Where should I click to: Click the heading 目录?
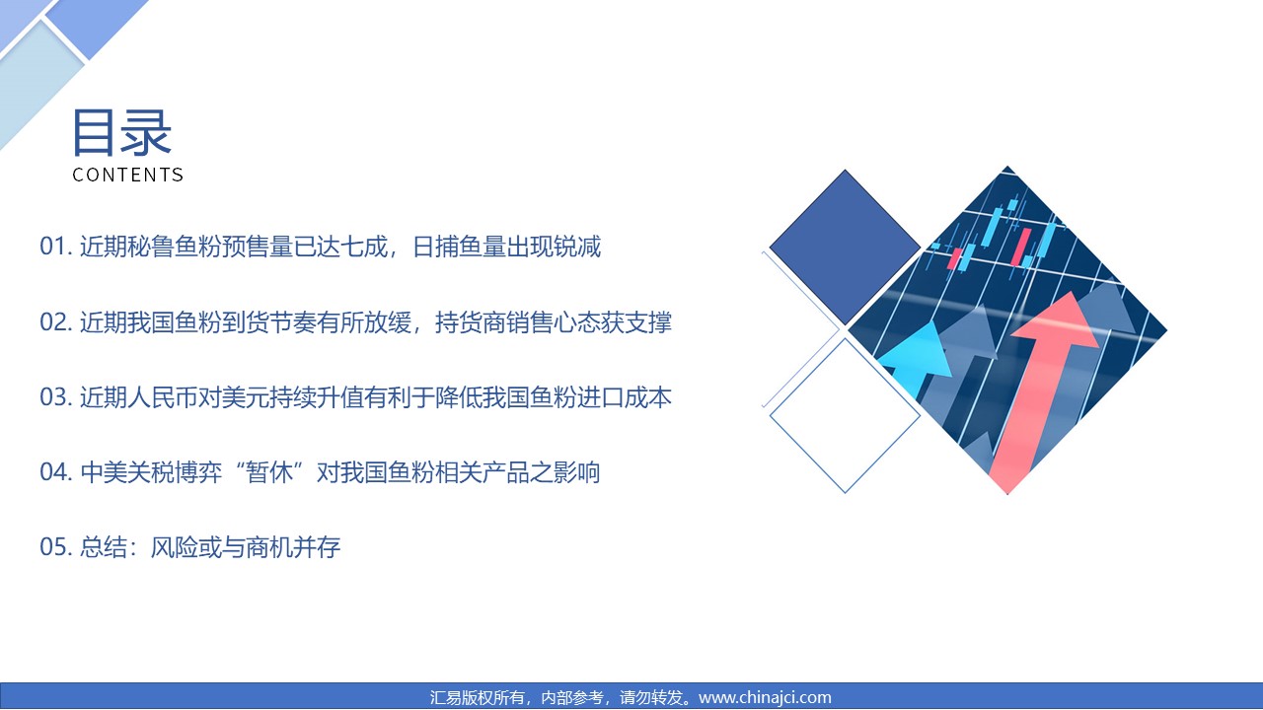(x=121, y=133)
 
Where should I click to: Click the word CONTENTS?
(x=128, y=175)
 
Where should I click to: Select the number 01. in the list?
(x=56, y=247)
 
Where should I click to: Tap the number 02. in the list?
(x=56, y=321)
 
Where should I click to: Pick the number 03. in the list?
(x=56, y=397)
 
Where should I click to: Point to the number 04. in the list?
(x=56, y=472)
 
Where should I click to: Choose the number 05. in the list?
(x=56, y=547)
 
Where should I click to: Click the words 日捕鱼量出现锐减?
(x=507, y=247)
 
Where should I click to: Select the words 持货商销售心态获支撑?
(x=554, y=322)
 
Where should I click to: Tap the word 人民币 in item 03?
(x=163, y=397)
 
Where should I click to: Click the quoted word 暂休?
(x=269, y=472)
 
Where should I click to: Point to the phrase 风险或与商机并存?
(x=246, y=547)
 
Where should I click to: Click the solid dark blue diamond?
(x=845, y=247)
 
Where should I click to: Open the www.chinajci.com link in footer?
(x=765, y=697)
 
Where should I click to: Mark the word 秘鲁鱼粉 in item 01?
(x=175, y=247)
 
